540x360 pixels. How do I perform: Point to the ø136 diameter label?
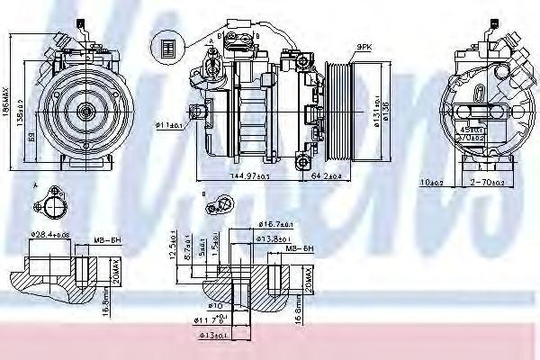[390, 112]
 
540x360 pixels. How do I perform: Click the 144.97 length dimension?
[229, 175]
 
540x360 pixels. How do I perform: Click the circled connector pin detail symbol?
[166, 47]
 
